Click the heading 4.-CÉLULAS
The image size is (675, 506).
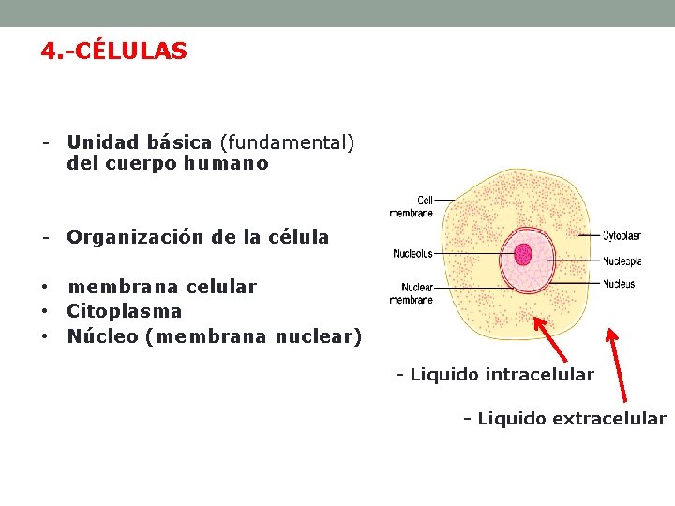[113, 51]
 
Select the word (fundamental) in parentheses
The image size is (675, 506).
[287, 142]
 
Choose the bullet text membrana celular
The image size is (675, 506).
[161, 287]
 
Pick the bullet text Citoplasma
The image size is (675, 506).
[124, 311]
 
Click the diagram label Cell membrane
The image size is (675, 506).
[412, 206]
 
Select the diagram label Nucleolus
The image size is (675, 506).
[412, 253]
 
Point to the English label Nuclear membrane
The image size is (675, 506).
[412, 293]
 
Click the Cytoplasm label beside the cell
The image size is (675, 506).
[622, 235]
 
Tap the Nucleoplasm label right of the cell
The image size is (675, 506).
[622, 260]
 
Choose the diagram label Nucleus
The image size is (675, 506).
[619, 284]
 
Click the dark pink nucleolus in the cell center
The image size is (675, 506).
[523, 254]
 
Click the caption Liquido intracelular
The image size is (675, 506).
[494, 375]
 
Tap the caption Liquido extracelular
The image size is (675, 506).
[564, 418]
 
